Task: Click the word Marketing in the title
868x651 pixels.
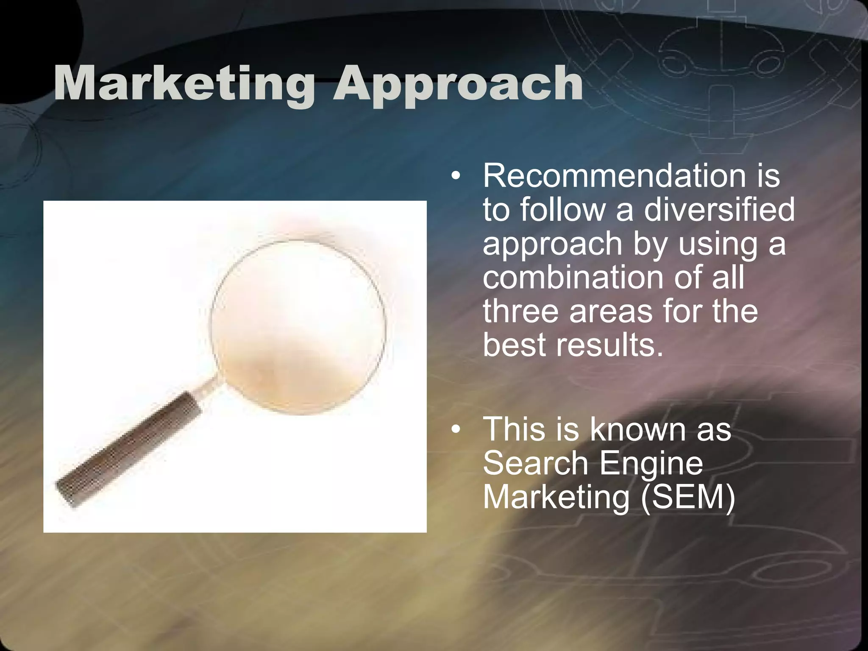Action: point(184,83)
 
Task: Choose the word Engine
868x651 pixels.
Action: point(651,465)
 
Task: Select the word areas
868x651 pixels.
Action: point(611,311)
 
